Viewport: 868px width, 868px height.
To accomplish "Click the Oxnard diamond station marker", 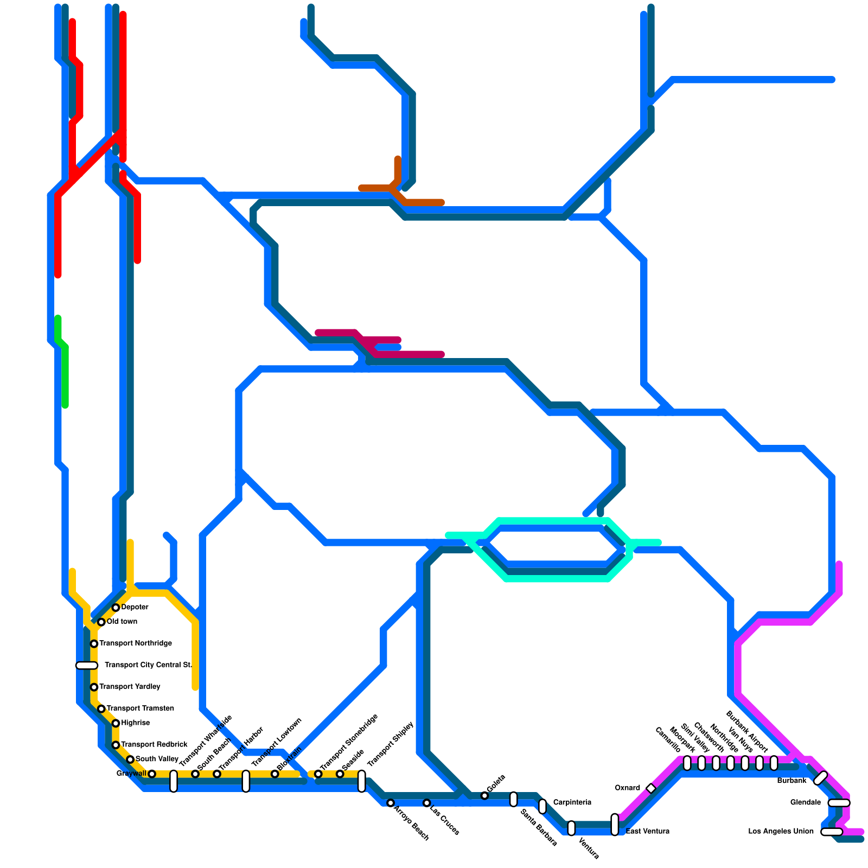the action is point(651,788).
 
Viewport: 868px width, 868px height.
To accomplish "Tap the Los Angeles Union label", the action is point(781,831).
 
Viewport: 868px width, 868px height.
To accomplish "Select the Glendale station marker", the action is point(839,803).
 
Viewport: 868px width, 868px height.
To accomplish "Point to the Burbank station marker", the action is point(820,778).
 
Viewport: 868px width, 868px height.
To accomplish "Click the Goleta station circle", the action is point(484,795).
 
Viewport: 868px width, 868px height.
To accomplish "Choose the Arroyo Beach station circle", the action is point(390,803).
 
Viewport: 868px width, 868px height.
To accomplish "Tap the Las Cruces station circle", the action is point(426,803).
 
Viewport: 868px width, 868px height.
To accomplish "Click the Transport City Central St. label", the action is point(148,665).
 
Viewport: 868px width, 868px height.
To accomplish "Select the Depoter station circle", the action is point(116,608).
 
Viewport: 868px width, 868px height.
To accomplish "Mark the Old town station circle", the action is point(101,622).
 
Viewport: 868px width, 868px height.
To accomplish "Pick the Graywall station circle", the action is point(152,774).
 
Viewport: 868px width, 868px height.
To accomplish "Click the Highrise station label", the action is point(136,723).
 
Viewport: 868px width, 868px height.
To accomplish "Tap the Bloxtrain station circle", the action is point(275,774).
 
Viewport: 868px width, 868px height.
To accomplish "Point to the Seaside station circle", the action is point(340,774).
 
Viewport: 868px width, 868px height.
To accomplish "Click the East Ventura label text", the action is point(647,831).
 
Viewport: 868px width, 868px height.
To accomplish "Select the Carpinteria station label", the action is point(572,802).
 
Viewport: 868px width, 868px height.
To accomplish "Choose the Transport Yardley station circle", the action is point(94,687).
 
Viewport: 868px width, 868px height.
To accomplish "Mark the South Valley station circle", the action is point(130,759).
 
